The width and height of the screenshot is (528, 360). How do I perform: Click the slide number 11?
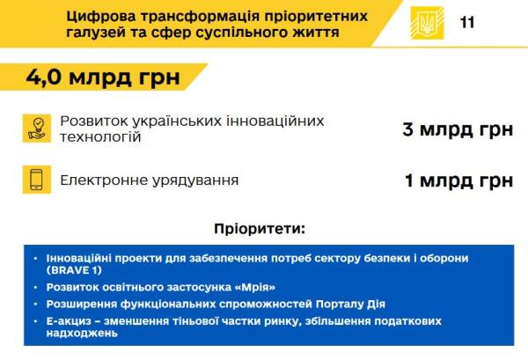(x=467, y=23)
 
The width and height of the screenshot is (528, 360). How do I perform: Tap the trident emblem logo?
(x=427, y=23)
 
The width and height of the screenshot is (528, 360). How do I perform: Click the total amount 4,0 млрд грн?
(x=103, y=77)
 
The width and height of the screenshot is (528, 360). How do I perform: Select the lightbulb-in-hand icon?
(x=37, y=129)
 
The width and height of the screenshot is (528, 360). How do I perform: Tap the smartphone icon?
(x=37, y=180)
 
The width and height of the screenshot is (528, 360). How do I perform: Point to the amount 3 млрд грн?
(x=458, y=129)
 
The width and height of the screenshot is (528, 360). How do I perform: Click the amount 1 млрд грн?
(x=459, y=180)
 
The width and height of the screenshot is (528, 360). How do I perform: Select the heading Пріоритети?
(x=260, y=229)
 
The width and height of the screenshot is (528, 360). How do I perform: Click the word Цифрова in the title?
(x=101, y=17)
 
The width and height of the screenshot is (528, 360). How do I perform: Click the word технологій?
(x=100, y=137)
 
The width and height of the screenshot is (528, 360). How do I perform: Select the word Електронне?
(x=104, y=180)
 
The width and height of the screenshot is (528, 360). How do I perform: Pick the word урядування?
(x=195, y=180)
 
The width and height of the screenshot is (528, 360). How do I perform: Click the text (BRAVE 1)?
(x=74, y=270)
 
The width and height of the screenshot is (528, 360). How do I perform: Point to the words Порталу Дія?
(x=350, y=305)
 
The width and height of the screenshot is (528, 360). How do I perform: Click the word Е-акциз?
(x=69, y=321)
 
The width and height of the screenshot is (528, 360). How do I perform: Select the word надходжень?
(x=82, y=334)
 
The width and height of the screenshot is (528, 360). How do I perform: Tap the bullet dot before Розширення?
(x=36, y=304)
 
